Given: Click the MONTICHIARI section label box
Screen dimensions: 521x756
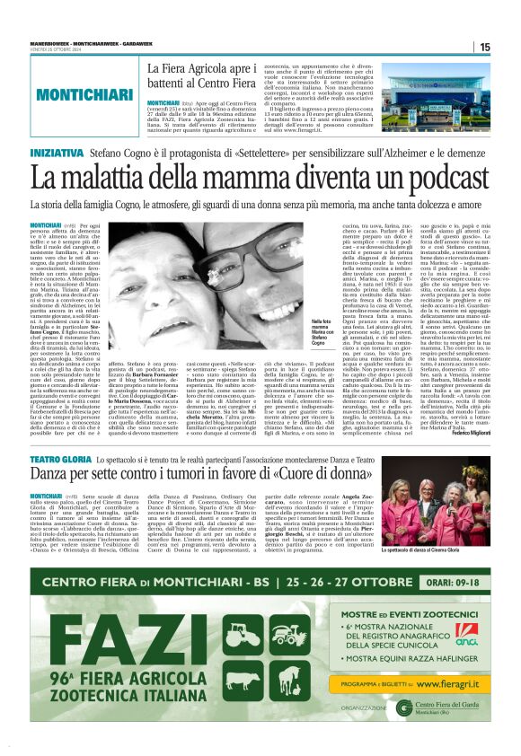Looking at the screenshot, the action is (68, 92).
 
